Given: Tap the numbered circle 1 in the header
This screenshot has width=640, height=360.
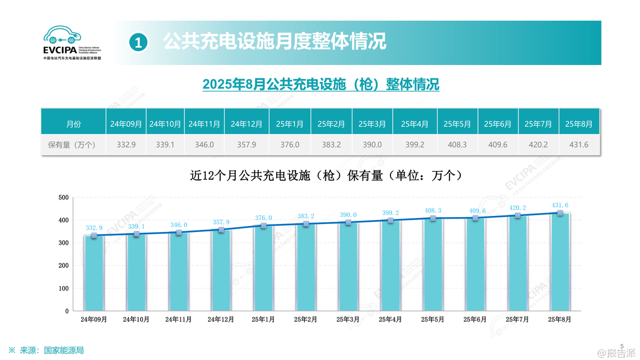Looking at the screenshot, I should coord(138,42).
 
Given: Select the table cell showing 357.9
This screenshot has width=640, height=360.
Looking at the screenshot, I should coord(246,145).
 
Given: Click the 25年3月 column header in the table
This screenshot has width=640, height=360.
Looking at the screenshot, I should coord(372,124).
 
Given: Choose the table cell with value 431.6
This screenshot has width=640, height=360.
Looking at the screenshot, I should coord(579,145).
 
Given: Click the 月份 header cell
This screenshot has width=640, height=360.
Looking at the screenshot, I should coord(74,124).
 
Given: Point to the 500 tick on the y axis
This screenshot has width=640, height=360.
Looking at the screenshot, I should coord(63,198).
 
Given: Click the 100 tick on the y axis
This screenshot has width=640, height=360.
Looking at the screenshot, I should coord(63,289).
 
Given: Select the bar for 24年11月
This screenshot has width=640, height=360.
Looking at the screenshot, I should coord(179,272).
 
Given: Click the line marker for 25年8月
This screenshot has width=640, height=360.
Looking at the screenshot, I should coord(560,213).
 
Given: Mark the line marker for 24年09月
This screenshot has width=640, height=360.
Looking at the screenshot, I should coord(94,235).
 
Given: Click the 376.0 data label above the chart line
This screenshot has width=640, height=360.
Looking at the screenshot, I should coord(263,218).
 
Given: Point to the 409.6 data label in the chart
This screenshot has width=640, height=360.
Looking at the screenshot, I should coord(474,210).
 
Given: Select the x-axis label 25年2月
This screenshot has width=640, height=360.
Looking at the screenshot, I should coord(306,319).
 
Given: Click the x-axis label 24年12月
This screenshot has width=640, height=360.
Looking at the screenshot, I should coord(221,319).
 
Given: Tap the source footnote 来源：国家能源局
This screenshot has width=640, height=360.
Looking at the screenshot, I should coord(51,350).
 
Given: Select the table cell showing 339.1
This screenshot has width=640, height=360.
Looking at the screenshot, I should coord(165,145).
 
